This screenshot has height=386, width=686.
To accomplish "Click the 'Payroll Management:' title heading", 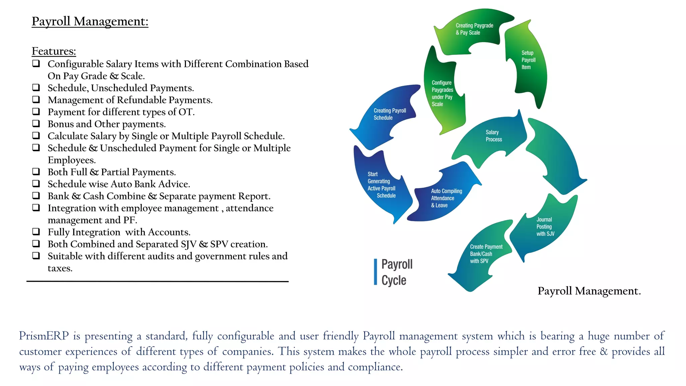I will pos(90,21).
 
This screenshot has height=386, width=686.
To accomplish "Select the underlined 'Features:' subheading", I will pos(54,51).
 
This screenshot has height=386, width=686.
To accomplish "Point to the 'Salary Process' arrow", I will pos(492,137).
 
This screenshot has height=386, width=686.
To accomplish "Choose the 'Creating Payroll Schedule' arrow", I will pos(389,116).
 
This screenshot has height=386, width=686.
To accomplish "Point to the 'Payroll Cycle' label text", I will pos(397,272).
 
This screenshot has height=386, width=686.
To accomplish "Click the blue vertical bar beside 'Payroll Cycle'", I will pos(375,272).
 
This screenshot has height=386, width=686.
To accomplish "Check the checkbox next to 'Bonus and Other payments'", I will pos(36,123).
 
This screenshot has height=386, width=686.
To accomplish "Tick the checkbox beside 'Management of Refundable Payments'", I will pos(36,99).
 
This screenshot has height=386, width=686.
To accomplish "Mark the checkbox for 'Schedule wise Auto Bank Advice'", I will pos(36,183).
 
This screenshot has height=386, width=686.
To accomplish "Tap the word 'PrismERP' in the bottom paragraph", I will pos(44,336).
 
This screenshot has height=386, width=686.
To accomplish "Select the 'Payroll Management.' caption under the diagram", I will pos(589,291).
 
